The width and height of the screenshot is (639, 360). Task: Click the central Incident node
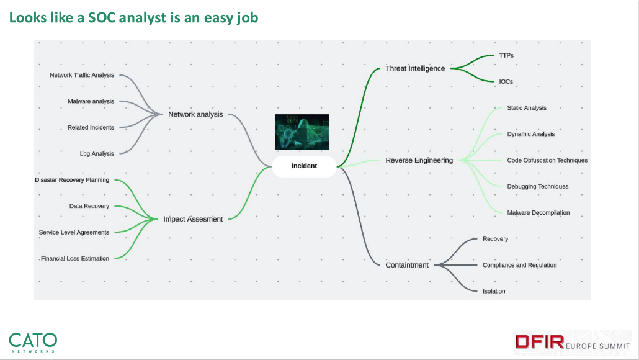click(x=304, y=166)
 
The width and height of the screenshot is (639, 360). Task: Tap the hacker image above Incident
click(x=302, y=132)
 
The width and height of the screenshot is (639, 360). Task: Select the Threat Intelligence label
click(x=415, y=68)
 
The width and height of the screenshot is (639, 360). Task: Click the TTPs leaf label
click(x=506, y=55)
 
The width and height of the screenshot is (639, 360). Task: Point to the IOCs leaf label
click(x=506, y=81)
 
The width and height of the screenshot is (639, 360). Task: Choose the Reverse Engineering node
click(x=419, y=160)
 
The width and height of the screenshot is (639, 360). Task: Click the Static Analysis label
click(x=527, y=108)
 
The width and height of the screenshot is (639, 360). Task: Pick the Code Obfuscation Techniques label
click(x=547, y=160)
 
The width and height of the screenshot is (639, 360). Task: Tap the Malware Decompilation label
click(x=538, y=212)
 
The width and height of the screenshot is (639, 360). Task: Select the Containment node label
click(x=407, y=265)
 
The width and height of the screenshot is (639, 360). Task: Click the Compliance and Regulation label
click(x=520, y=265)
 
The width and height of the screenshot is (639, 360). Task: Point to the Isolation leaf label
click(x=494, y=291)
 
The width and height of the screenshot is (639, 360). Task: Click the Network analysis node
click(x=195, y=114)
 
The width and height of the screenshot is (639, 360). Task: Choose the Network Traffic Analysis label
click(x=82, y=75)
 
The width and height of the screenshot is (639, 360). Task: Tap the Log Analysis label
click(x=97, y=153)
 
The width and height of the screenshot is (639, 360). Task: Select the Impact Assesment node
click(x=193, y=219)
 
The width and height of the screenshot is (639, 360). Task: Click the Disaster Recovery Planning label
click(x=72, y=180)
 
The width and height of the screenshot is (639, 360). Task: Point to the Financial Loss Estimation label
click(x=75, y=258)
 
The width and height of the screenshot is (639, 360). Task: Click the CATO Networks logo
click(x=33, y=341)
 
